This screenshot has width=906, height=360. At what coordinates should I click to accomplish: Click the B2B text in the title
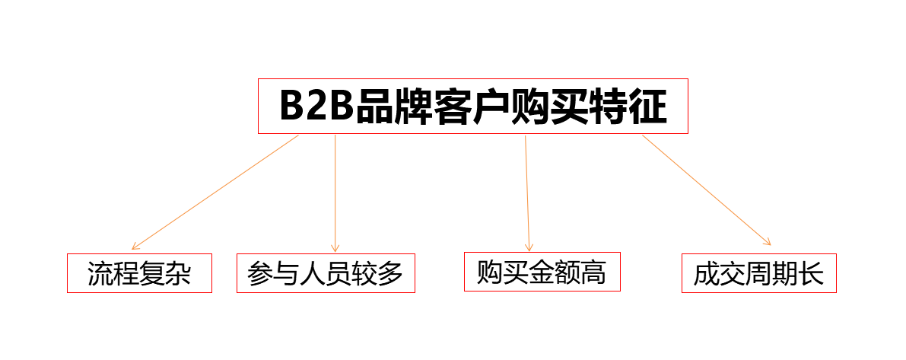[x=316, y=106]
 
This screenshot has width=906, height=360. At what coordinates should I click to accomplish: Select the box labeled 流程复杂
[x=140, y=273]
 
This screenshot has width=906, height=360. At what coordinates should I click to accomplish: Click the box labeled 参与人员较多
[x=326, y=273]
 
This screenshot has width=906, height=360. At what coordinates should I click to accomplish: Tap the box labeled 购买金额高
[x=542, y=272]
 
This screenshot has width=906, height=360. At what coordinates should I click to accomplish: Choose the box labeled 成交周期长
[x=759, y=273]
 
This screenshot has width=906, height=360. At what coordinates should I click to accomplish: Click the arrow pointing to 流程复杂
[x=215, y=193]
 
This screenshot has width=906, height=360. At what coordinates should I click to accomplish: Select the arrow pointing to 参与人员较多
[x=335, y=193]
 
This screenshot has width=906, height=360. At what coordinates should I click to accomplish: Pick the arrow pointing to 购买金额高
[x=527, y=193]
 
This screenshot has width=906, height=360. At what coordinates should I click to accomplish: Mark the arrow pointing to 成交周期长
[x=707, y=190]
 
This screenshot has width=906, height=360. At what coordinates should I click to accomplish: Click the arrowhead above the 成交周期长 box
[x=768, y=242]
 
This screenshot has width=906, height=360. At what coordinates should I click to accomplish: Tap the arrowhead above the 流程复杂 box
[x=135, y=247]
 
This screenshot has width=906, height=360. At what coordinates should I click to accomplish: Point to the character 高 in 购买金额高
[x=593, y=272]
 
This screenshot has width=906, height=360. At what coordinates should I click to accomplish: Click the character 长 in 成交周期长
[x=811, y=274]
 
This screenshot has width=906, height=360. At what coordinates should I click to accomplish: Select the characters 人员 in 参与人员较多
[x=326, y=274]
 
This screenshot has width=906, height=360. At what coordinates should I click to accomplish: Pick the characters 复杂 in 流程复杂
[x=166, y=274]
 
